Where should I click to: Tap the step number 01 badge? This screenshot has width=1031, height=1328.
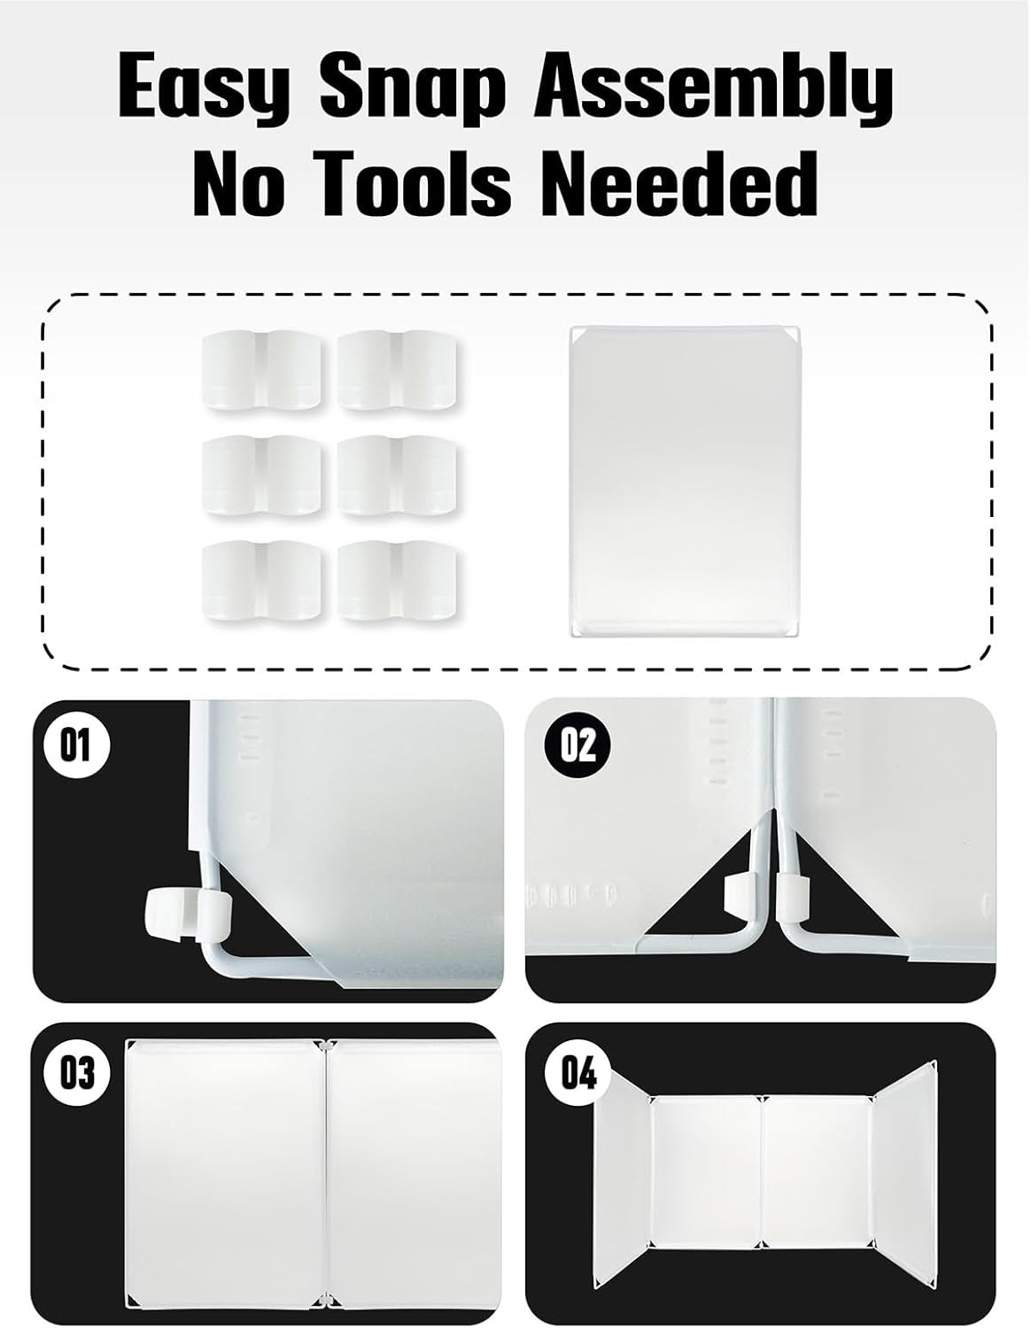(x=75, y=746)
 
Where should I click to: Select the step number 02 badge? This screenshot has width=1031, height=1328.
(x=578, y=746)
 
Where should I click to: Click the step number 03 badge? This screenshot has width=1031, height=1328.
(x=77, y=1071)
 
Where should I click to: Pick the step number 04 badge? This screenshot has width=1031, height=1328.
(x=578, y=1072)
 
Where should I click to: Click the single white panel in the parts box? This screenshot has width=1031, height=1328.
(x=685, y=481)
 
